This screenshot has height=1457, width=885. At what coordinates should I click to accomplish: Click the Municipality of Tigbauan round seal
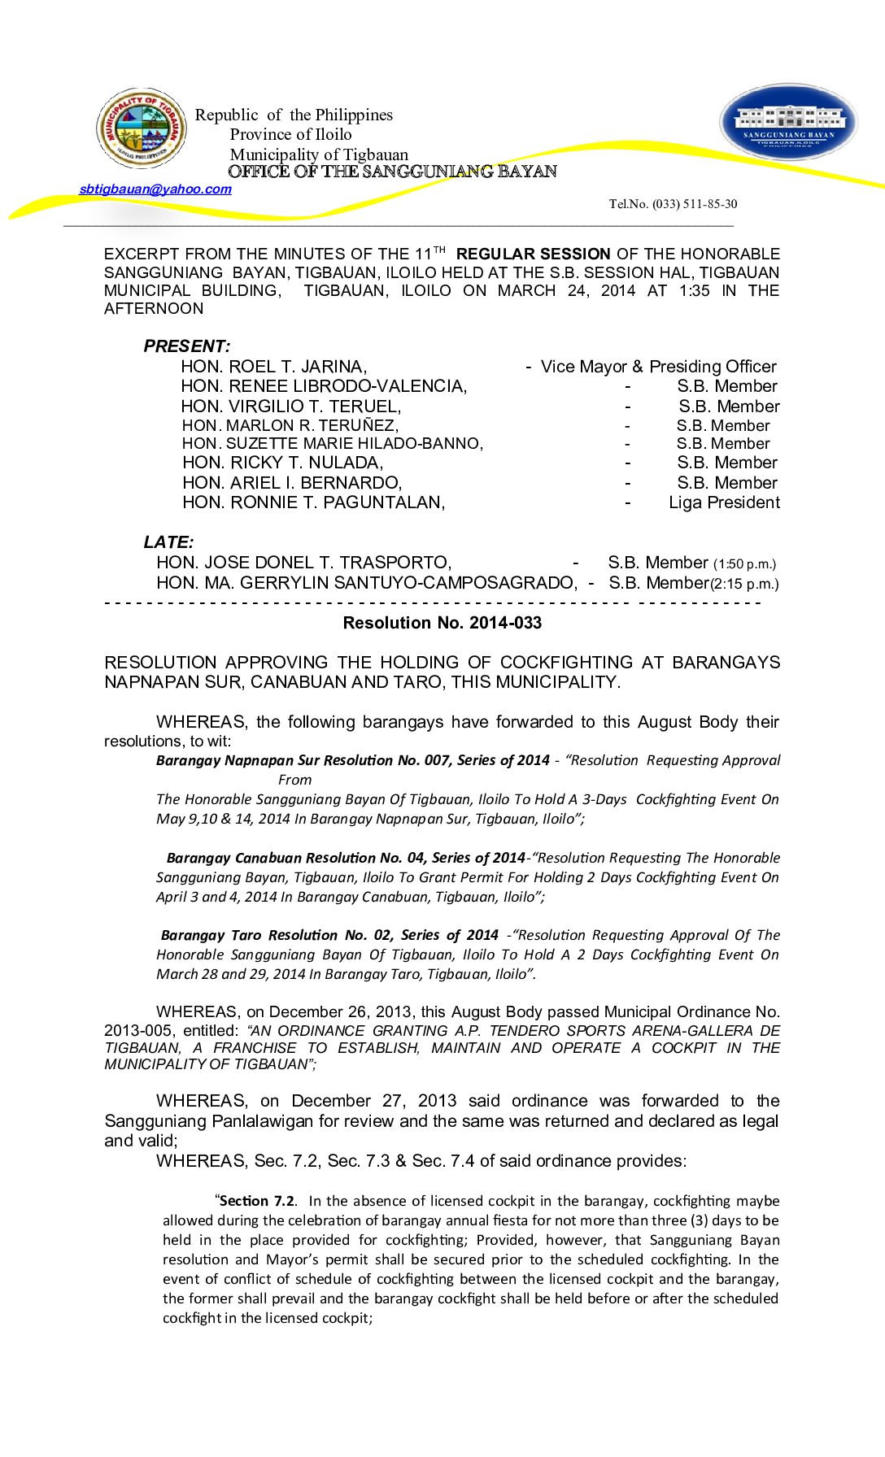click(142, 128)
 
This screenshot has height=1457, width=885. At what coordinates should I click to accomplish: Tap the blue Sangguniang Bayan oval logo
click(788, 122)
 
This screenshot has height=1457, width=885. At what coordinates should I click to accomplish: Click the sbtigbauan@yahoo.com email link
click(155, 189)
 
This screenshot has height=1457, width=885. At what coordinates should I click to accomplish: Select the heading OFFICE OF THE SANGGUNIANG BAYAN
click(392, 172)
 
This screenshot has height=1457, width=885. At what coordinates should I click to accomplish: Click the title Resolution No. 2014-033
click(442, 623)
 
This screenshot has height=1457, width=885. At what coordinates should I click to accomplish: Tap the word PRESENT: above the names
click(186, 346)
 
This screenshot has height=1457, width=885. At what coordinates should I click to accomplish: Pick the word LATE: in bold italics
click(168, 542)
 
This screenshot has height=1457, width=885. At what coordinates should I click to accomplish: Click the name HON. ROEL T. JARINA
click(273, 367)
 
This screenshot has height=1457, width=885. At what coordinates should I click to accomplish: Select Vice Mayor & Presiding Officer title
click(658, 367)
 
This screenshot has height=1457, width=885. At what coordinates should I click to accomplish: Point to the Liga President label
click(724, 502)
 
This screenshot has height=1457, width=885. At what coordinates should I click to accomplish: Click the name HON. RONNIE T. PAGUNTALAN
click(313, 502)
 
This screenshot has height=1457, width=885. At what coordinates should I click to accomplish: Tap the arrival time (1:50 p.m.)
click(744, 564)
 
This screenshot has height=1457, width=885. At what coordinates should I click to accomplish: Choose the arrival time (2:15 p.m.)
click(744, 584)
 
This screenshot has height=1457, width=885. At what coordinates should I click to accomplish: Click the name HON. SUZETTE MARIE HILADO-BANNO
click(332, 444)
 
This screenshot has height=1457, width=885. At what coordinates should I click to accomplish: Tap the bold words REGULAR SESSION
click(533, 254)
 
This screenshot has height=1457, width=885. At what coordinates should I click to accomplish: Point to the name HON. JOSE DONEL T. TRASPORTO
click(303, 563)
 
